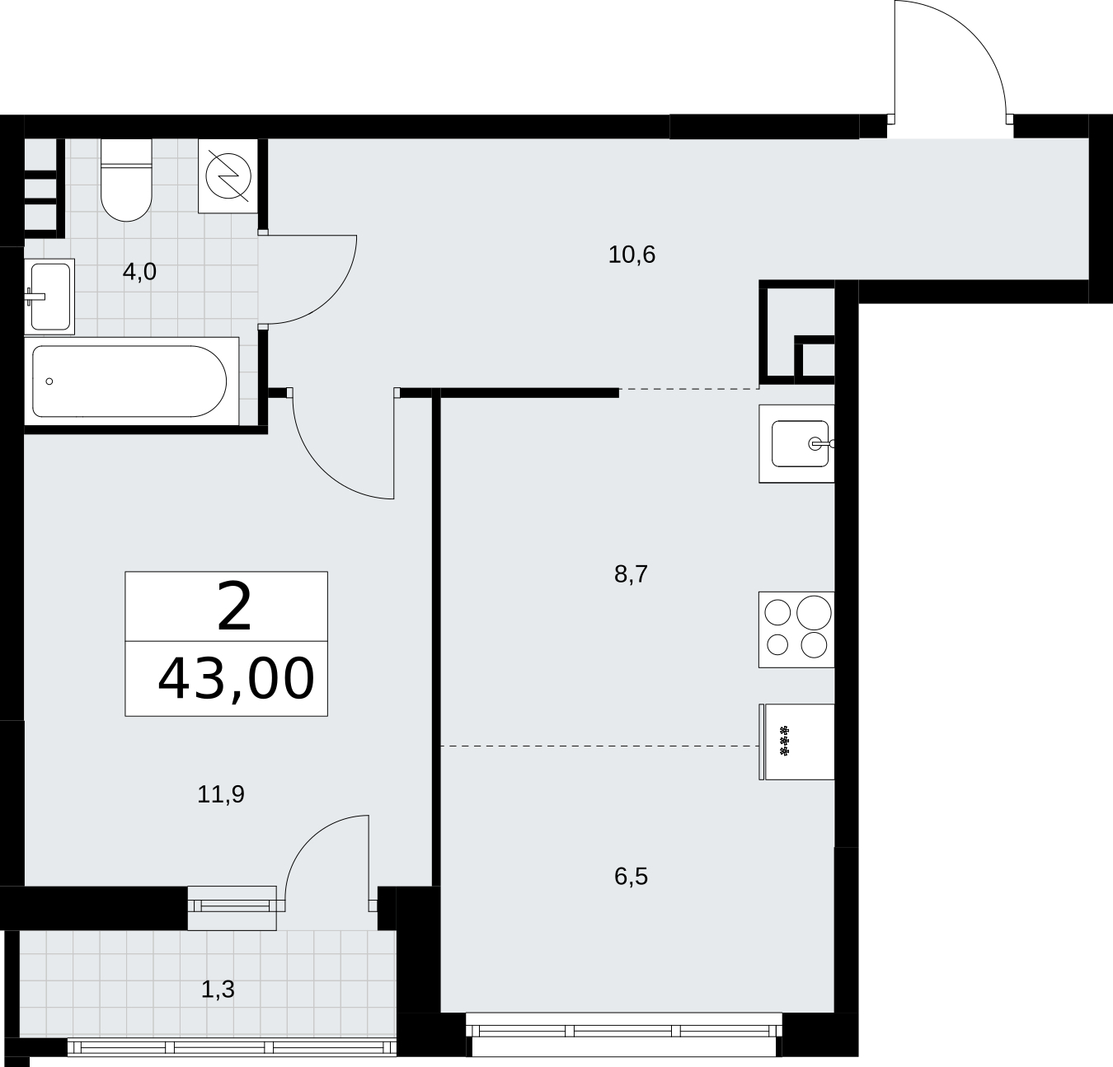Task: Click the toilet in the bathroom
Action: click(126, 180)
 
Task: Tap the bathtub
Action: click(131, 381)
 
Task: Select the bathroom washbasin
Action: click(49, 297)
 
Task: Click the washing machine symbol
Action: click(228, 176)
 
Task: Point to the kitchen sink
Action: click(796, 443)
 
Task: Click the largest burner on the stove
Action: click(814, 613)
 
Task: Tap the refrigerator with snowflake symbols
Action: click(796, 742)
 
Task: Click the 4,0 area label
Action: click(139, 272)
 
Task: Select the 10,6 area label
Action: click(632, 255)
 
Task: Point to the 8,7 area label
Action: click(631, 574)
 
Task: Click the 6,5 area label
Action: click(631, 877)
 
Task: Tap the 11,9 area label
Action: click(221, 794)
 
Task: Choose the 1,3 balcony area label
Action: click(218, 990)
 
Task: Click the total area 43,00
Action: click(237, 679)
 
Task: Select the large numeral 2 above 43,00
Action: click(234, 606)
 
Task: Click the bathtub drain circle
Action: click(49, 381)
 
